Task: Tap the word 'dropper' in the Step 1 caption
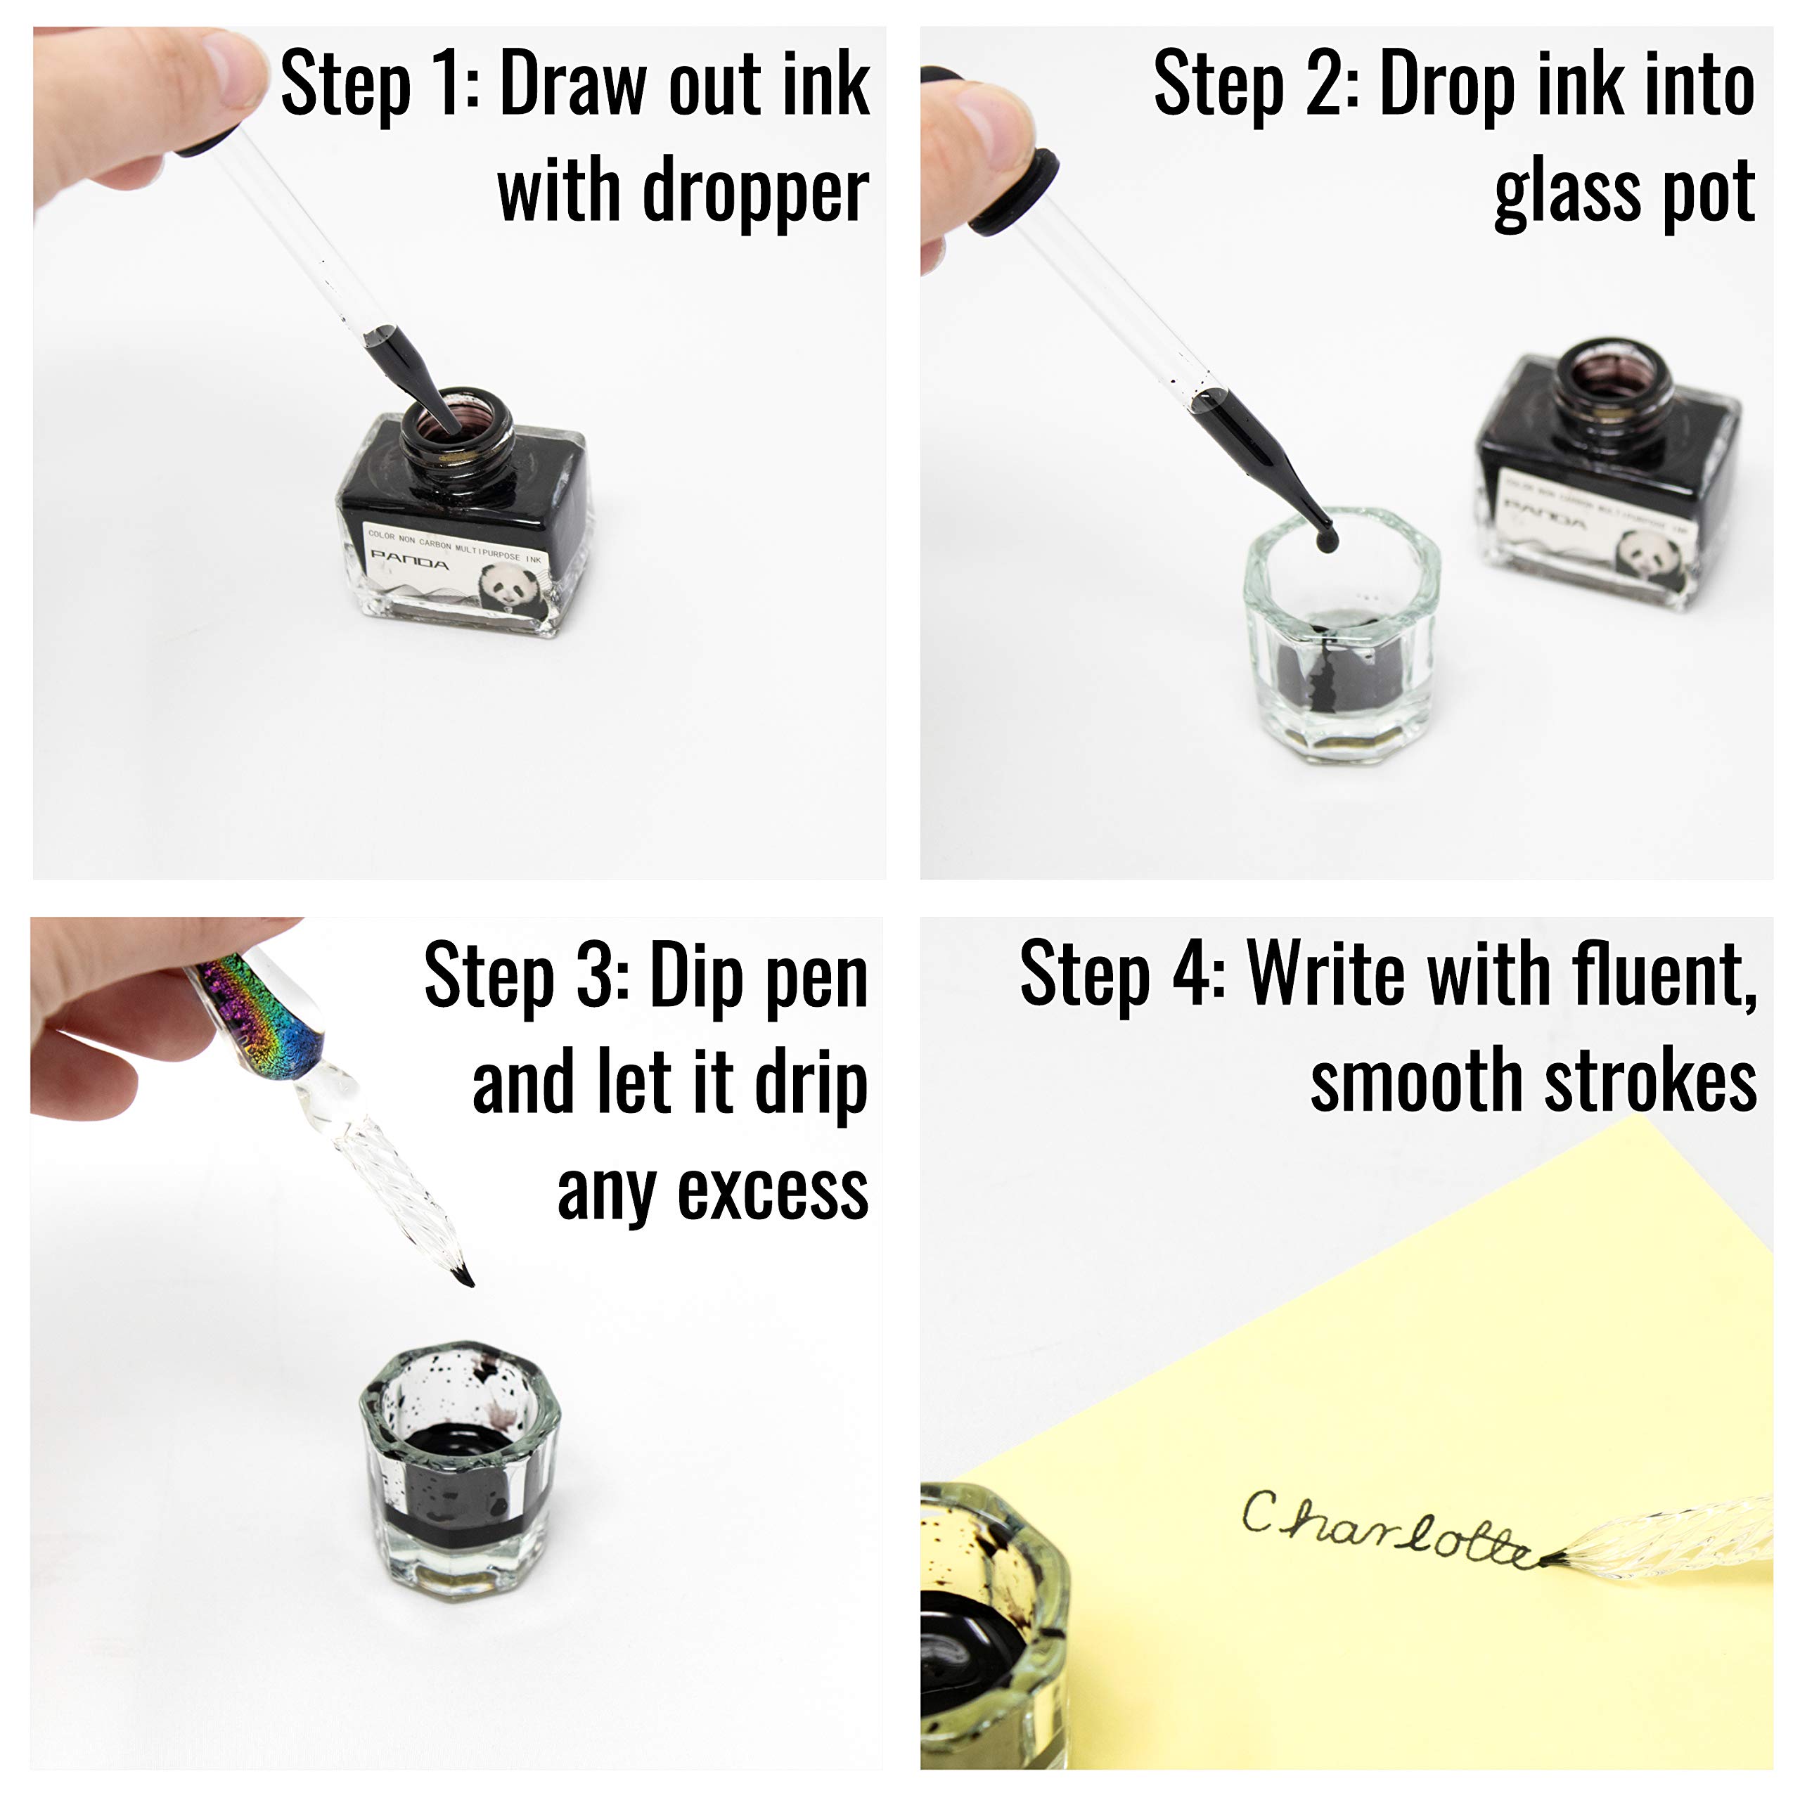click(754, 193)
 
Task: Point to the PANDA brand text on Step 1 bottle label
click(410, 561)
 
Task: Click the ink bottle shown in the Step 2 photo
click(1607, 475)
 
